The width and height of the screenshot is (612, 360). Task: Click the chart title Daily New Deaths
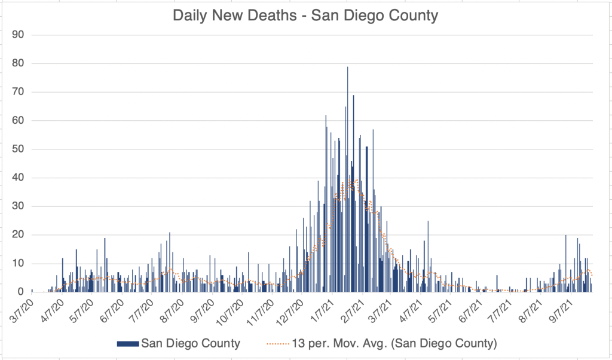(305, 15)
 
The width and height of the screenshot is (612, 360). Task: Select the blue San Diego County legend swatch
(128, 343)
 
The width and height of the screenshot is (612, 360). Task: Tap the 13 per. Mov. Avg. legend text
(394, 343)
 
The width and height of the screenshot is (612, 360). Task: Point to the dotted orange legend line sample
(277, 343)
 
